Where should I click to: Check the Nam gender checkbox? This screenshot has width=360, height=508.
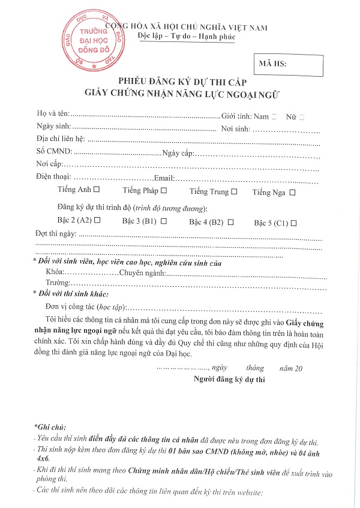[x=274, y=116]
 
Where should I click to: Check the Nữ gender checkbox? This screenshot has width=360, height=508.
[x=301, y=116]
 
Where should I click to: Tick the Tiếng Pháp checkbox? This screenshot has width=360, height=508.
[x=163, y=191]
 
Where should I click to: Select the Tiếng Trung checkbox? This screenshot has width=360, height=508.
[x=234, y=191]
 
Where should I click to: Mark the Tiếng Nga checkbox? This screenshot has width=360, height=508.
[x=292, y=193]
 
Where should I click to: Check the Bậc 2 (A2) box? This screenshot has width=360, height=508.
[x=97, y=221]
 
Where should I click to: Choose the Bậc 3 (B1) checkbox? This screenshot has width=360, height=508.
[x=163, y=221]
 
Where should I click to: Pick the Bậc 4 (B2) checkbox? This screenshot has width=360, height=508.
[x=230, y=222]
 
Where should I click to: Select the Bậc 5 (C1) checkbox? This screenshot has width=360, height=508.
[x=294, y=223]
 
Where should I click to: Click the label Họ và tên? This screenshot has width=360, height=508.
[x=53, y=114]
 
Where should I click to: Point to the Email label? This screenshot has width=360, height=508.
[x=164, y=178]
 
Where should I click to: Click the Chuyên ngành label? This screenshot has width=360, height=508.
[x=142, y=273]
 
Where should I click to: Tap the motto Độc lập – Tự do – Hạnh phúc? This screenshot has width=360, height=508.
[x=187, y=37]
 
